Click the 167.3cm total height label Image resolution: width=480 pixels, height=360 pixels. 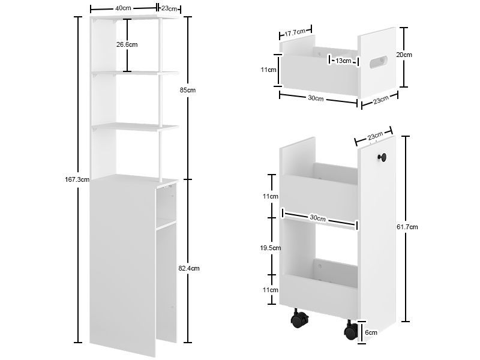(x=77, y=179)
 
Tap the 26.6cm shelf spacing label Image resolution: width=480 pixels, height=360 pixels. (x=127, y=44)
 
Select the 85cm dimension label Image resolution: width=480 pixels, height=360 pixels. (x=188, y=91)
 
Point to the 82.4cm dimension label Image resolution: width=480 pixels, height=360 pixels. (x=189, y=268)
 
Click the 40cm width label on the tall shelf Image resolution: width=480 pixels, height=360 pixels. (x=123, y=8)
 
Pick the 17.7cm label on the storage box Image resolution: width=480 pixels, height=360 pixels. (x=295, y=32)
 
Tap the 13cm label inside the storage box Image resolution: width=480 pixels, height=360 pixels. (x=343, y=61)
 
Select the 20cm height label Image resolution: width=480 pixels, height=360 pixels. (x=404, y=55)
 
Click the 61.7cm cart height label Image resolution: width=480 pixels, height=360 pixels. (x=407, y=227)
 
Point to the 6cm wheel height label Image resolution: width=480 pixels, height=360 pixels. (x=371, y=332)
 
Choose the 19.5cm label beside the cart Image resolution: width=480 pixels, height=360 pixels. (x=271, y=248)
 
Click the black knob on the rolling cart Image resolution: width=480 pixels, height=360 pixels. (x=382, y=157)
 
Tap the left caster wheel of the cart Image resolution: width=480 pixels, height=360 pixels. (x=298, y=319)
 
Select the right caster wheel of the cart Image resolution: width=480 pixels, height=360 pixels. (x=351, y=331)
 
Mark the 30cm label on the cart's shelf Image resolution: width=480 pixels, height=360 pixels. (x=317, y=218)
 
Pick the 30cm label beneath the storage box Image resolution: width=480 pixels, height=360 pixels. (x=316, y=98)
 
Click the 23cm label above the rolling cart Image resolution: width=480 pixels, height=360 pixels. (x=376, y=136)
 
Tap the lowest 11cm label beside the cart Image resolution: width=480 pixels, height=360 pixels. (x=271, y=290)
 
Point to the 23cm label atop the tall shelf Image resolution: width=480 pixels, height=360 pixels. (x=169, y=8)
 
